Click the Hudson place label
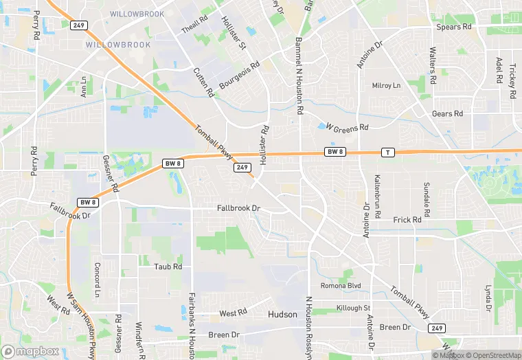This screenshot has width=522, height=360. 282,315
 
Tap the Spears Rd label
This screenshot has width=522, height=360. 454,27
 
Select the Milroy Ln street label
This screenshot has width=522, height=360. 386,86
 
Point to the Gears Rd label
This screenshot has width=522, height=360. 448,113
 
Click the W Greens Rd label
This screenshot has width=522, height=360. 348,127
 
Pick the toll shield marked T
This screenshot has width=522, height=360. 388,152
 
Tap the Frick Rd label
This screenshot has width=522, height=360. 407,220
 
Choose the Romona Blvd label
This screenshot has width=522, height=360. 341,285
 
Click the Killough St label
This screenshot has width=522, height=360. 353,308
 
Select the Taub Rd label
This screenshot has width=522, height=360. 168,267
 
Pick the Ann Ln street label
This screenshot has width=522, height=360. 84,87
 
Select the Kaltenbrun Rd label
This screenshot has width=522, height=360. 377,196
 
